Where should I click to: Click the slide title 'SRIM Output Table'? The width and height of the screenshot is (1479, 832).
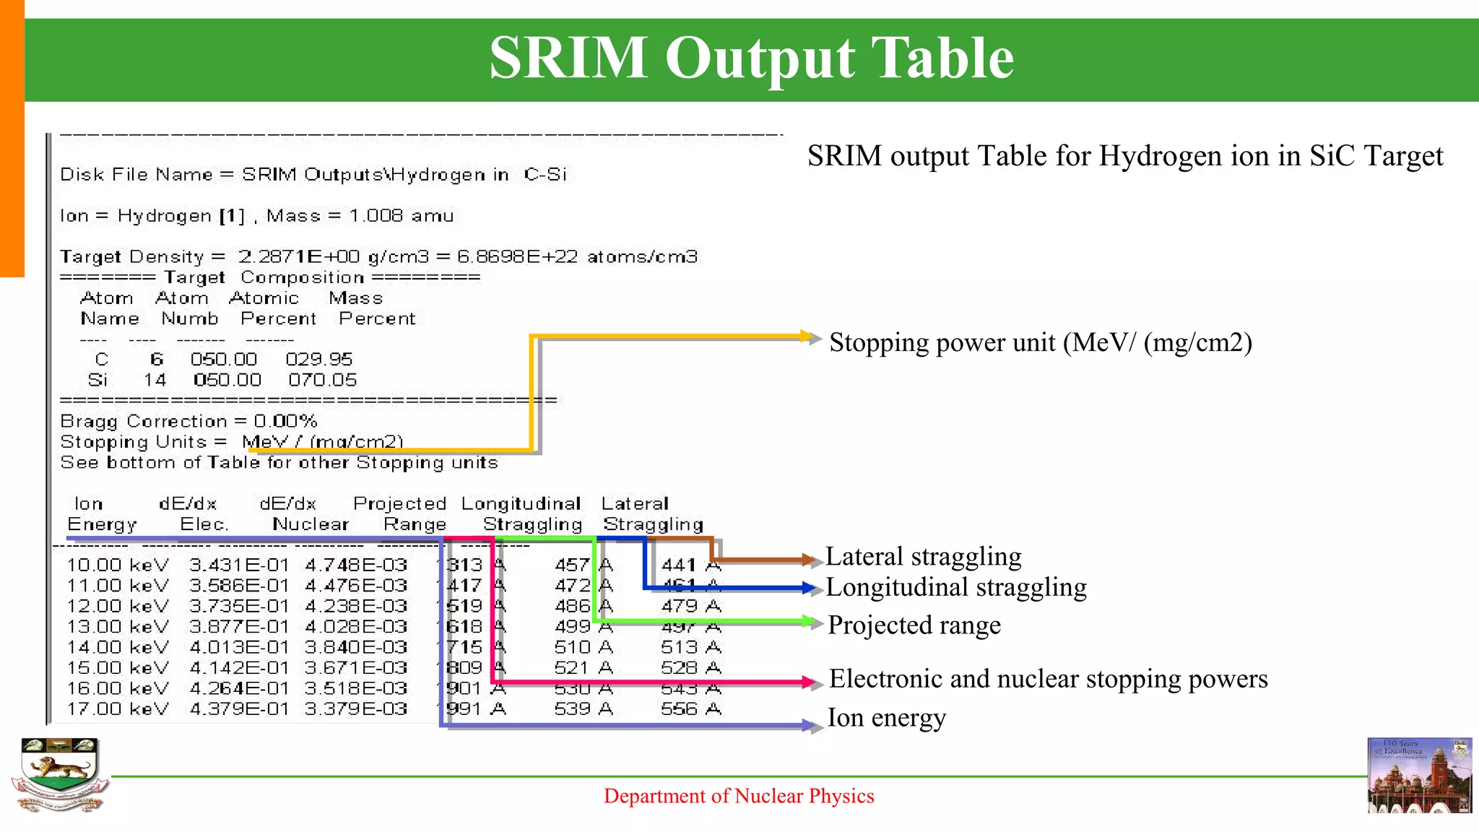pos(751,58)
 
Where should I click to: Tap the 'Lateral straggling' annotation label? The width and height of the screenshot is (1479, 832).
pos(923,557)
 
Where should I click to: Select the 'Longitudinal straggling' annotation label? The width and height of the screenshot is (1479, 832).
pos(955,588)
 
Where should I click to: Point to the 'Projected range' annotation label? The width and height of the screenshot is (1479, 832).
pos(914,625)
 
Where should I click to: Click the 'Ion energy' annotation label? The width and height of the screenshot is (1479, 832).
pos(886,718)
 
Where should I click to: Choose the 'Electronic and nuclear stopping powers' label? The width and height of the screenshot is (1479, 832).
pos(1048,679)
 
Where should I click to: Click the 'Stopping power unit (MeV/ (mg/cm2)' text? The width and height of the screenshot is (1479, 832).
pos(1040,342)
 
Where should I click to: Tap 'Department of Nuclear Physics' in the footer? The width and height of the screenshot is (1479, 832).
pos(739,796)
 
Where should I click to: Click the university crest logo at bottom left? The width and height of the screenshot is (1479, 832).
pos(60,775)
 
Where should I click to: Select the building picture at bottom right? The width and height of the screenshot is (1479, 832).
pos(1419,776)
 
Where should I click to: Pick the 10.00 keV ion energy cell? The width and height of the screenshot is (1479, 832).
pos(118,565)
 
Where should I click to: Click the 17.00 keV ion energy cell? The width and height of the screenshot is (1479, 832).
pos(118,709)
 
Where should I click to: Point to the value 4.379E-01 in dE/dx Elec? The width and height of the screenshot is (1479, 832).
pos(239,709)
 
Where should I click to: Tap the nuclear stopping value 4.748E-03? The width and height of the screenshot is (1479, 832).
pos(356,565)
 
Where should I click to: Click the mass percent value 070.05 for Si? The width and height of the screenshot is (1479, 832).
pos(322,380)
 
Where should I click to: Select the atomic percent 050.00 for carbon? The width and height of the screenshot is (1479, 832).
pos(224,360)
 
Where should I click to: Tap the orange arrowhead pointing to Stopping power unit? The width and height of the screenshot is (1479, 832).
pos(812,337)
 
